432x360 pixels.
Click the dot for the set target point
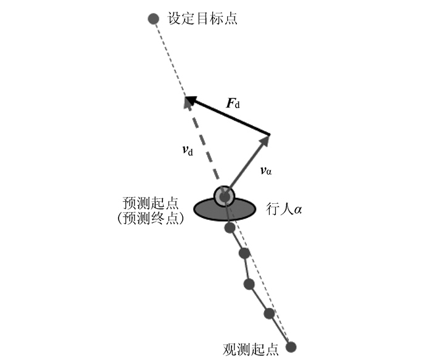154,19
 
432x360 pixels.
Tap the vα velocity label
266,170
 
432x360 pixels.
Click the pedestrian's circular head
225,196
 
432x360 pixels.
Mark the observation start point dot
291,347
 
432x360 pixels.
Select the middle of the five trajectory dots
249,283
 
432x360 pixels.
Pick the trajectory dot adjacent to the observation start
269,313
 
